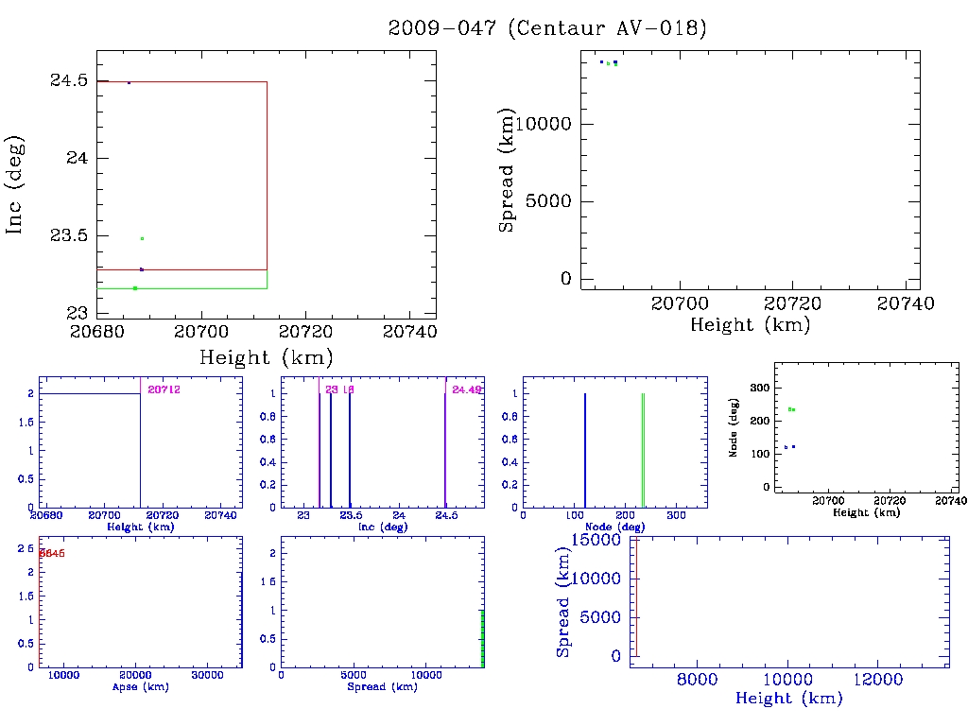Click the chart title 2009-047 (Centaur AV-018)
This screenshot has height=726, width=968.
[547, 28]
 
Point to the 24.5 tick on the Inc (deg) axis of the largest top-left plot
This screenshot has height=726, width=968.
[69, 80]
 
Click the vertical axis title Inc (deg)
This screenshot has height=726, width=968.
[15, 184]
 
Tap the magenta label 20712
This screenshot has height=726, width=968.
[164, 389]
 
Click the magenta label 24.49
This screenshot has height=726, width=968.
[467, 389]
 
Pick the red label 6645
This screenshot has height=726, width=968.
[51, 553]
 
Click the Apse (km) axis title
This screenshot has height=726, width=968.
[139, 687]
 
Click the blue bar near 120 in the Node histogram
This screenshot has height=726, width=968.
[585, 450]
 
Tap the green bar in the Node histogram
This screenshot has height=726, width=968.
[643, 450]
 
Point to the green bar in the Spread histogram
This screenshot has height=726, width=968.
[482, 638]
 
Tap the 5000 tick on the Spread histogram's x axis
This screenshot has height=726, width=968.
[354, 677]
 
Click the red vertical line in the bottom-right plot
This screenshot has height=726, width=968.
[636, 597]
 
